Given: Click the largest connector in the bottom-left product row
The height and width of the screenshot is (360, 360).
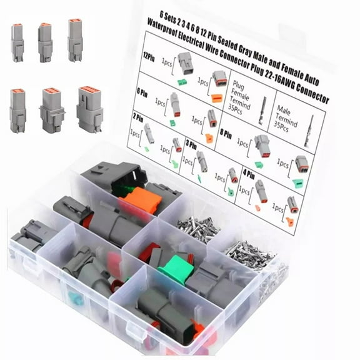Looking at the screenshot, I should pyautogui.click(x=90, y=107).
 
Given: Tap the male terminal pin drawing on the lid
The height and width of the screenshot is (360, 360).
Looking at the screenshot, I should pyautogui.click(x=308, y=132).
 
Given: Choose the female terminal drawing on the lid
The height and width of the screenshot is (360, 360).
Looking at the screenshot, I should pyautogui.click(x=261, y=107).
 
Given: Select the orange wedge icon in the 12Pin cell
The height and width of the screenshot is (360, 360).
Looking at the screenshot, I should pyautogui.click(x=216, y=97).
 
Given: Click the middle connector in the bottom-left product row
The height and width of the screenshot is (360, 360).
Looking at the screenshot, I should pyautogui.click(x=52, y=109).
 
